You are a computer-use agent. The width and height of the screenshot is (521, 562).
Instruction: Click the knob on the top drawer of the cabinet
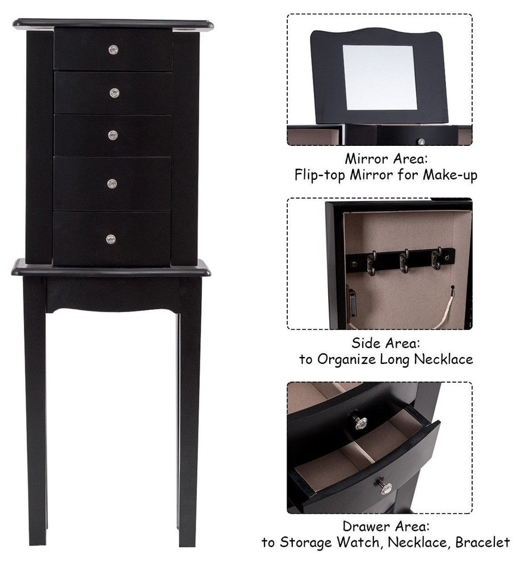click(x=114, y=49)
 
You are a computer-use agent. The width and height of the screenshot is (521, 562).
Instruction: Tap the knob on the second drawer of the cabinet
click(x=114, y=93)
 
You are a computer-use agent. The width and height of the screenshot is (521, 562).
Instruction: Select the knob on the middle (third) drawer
click(x=113, y=135)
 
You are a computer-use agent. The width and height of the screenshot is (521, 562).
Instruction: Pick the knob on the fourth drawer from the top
click(x=112, y=184)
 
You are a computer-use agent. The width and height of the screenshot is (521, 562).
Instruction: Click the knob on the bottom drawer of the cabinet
click(x=111, y=239)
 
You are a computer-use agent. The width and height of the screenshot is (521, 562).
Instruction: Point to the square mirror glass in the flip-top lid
click(x=380, y=77)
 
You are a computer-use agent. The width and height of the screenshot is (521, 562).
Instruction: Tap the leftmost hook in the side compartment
click(x=372, y=262)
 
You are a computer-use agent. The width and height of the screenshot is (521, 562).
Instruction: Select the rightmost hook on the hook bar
click(x=436, y=258)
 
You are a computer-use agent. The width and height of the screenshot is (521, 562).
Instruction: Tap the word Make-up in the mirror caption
click(x=450, y=175)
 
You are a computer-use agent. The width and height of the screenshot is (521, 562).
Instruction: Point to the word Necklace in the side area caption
click(x=443, y=359)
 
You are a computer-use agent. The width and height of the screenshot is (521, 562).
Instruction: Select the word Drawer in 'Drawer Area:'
click(x=364, y=526)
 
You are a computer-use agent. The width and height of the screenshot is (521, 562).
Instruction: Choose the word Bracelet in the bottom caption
click(x=482, y=542)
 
